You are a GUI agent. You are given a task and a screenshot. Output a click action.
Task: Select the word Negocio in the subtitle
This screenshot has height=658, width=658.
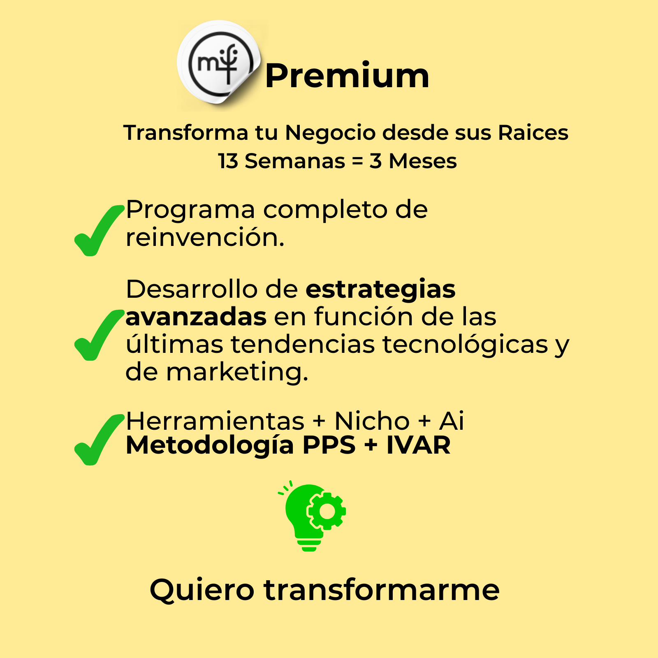pos(330,133)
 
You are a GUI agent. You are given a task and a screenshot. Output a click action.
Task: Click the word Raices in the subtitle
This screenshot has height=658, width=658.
pos(533,133)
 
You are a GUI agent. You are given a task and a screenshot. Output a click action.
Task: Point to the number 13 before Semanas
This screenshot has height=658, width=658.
pos(228,161)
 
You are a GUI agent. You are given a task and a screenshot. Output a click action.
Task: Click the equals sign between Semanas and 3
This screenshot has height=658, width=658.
pos(357,161)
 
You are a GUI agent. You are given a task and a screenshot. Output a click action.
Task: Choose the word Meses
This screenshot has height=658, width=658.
pos(423,161)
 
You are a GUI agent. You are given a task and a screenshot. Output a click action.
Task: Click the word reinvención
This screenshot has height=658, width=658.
pos(205,237)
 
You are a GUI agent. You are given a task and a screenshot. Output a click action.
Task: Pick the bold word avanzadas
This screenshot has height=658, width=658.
pos(196,317)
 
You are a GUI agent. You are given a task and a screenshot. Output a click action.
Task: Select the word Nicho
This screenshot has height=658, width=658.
pos(372,421)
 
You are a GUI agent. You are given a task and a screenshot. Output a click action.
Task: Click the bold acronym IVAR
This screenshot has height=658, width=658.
pos(419,445)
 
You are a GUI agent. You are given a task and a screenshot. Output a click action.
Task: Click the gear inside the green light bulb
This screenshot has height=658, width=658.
pos(327,511)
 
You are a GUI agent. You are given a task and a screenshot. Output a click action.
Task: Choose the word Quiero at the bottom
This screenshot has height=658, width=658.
pos(202,590)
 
